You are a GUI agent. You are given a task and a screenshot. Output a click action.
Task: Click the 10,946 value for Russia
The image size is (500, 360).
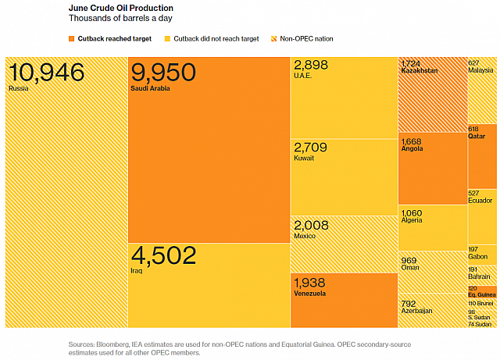[46, 73]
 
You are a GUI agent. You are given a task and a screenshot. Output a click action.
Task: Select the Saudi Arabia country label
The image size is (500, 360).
[151, 88]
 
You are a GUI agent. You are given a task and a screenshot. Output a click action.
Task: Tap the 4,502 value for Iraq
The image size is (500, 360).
[163, 256]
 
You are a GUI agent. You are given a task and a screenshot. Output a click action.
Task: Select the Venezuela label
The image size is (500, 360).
[309, 294]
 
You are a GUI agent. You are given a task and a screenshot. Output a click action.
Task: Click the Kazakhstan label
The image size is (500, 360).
[419, 70]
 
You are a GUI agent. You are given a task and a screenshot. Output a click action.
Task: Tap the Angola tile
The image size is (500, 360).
[432, 169]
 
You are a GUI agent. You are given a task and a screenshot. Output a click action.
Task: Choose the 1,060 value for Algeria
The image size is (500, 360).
[411, 212]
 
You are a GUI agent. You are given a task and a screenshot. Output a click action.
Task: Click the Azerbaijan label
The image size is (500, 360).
[416, 310]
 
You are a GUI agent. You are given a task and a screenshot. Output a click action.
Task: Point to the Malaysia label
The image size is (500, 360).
[480, 70]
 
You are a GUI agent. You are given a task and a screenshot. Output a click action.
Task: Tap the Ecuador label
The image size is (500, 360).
[480, 201]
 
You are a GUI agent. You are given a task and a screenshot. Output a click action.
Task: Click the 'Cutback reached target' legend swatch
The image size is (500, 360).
[73, 38]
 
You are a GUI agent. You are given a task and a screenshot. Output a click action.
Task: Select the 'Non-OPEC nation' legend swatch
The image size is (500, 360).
[273, 38]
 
